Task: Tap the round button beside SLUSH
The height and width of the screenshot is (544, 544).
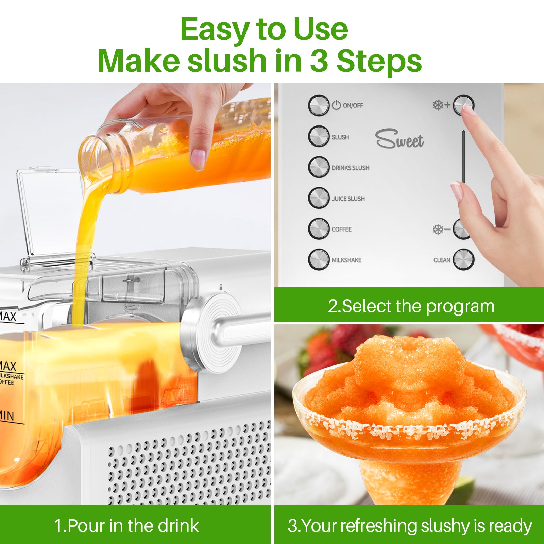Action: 319,136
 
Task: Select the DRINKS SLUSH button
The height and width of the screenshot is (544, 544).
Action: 319,167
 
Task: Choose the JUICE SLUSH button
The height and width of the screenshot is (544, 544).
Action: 319,198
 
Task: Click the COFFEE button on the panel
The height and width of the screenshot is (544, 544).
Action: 319,228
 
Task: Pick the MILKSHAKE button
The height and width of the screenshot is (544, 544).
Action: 319,259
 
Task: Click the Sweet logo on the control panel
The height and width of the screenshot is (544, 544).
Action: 400,139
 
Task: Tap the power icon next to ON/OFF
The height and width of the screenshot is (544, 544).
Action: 336,105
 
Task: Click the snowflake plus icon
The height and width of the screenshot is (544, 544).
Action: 441,105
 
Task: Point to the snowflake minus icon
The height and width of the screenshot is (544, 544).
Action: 441,230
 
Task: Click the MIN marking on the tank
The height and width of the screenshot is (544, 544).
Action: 7,416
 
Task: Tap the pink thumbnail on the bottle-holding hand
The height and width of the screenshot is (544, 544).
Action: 198,158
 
